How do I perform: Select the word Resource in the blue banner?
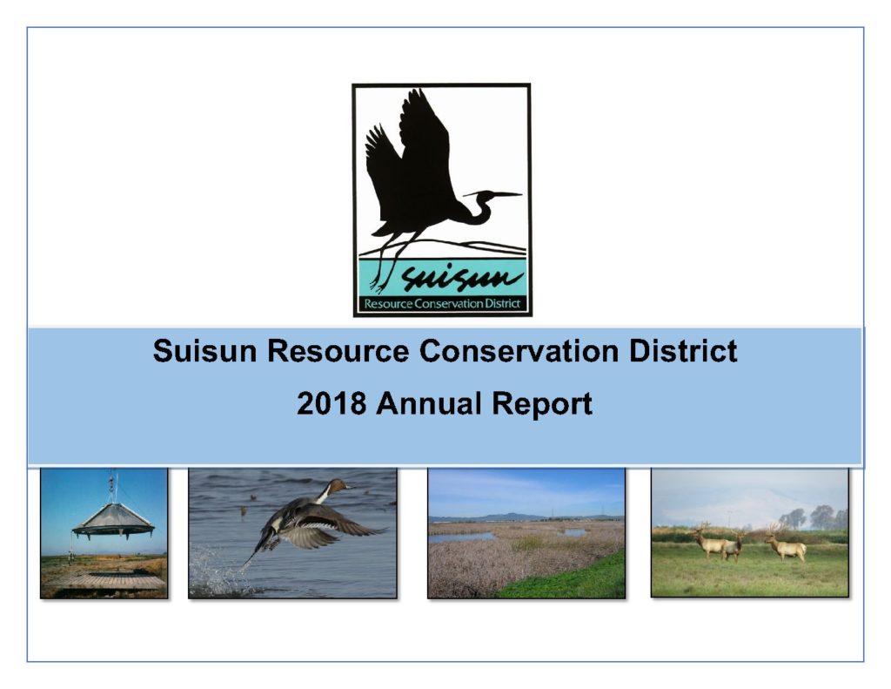tap(338, 350)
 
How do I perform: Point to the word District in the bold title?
tap(683, 350)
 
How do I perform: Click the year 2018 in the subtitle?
tap(332, 403)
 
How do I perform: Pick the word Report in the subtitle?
tap(543, 404)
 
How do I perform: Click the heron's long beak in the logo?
tap(500, 194)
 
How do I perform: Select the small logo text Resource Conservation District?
tap(442, 304)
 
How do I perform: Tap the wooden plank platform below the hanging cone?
tap(104, 580)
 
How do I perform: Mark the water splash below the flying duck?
tap(218, 571)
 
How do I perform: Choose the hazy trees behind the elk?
tap(813, 517)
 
